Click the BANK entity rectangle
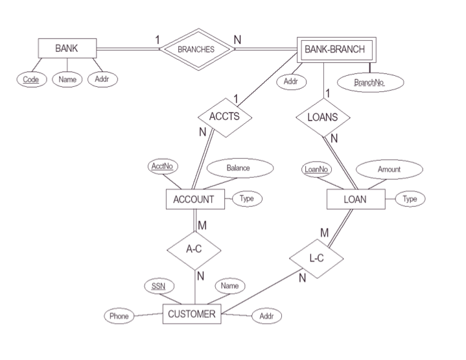[x=67, y=48]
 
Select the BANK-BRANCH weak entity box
[x=334, y=48]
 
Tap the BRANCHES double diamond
[x=196, y=49]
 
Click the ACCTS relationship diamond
[x=224, y=117]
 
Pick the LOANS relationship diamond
[x=323, y=118]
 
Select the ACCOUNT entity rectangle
[x=194, y=199]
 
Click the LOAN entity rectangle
[x=355, y=199]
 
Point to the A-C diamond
[x=194, y=248]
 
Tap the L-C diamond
[x=316, y=258]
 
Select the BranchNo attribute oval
[x=370, y=82]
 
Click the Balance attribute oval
[x=239, y=167]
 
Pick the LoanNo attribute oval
[x=316, y=169]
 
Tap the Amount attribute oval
[x=389, y=169]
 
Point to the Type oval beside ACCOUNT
[x=247, y=198]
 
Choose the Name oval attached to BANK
[x=66, y=80]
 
